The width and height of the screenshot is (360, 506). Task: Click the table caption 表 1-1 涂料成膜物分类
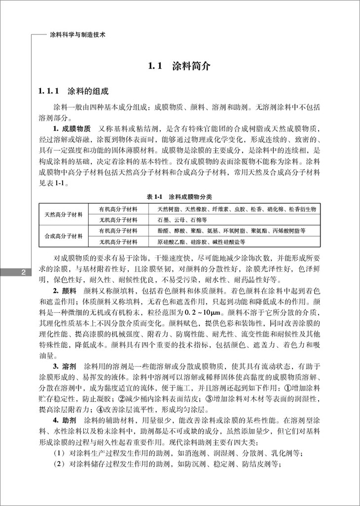[x=180, y=197]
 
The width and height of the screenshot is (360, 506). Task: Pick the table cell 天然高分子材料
[x=64, y=214]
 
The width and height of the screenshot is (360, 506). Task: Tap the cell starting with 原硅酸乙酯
[x=201, y=242]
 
